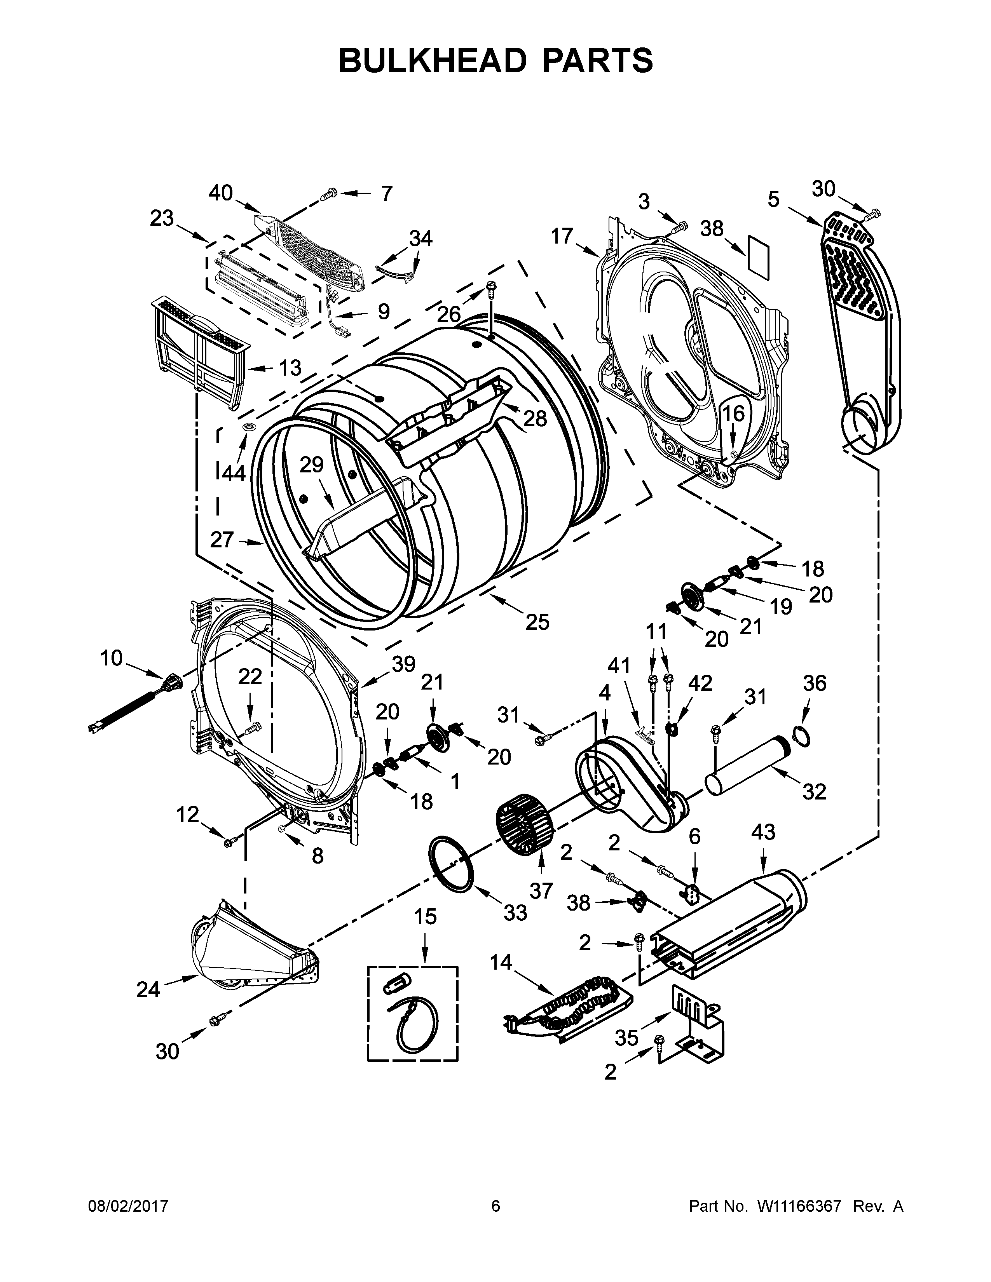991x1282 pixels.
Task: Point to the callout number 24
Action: click(148, 990)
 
